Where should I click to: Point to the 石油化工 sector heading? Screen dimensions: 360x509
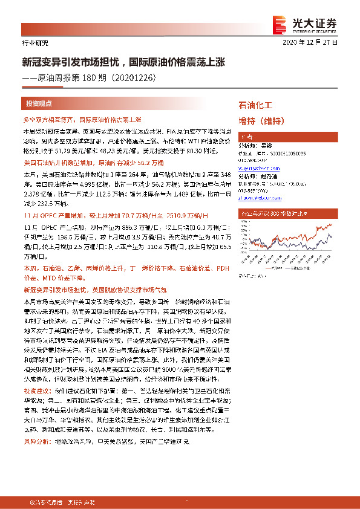tap(256, 105)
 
